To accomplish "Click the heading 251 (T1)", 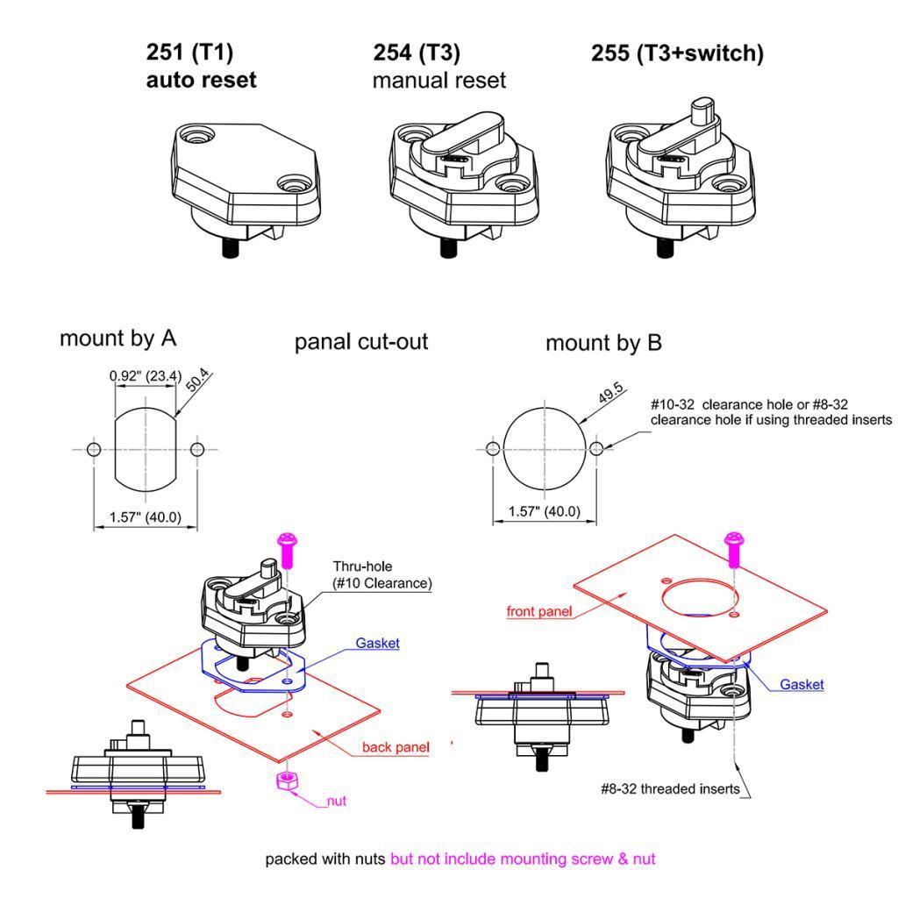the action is coord(189,52).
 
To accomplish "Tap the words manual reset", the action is coord(439,80).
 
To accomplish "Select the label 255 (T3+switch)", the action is coord(678,53).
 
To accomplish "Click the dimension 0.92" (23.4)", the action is coord(146,376).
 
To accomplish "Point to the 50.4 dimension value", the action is coord(197,380).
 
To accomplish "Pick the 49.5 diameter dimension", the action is coord(610,393).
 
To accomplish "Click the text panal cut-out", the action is coord(360,342).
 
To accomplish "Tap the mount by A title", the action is coord(118,339).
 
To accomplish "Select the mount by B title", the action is coord(603,343).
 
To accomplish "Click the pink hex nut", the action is coord(287,780).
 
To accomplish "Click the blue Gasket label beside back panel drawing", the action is coord(377,643).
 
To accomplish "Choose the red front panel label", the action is coord(539,611).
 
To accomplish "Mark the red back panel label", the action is coord(396,747).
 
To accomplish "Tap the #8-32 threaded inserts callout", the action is coord(670,789).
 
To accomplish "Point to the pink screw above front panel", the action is coord(734,549).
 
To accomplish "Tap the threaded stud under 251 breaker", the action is coord(231,248).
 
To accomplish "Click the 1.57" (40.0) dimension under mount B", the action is coord(544,511).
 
